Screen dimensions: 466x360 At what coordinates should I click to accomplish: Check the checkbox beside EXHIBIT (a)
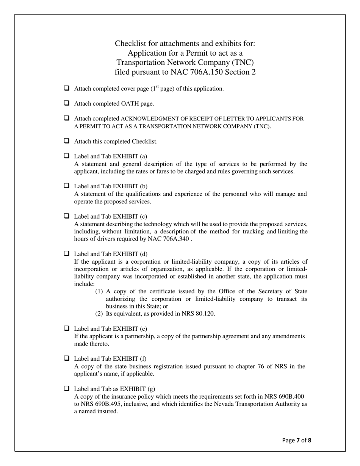click(67, 156)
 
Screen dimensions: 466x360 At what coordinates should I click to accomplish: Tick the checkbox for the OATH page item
click(67, 103)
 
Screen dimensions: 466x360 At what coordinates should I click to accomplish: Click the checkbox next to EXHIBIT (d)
click(67, 253)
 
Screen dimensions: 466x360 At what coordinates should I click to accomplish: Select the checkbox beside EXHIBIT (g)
click(67, 389)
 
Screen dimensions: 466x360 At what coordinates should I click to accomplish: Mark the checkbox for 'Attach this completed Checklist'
click(67, 141)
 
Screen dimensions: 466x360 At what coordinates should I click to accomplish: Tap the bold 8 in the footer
click(310, 440)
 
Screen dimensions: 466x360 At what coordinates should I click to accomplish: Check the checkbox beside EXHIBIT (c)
click(67, 216)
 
